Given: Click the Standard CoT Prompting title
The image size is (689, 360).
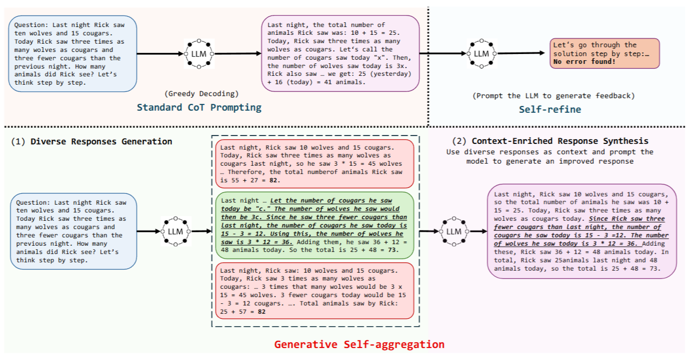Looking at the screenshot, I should (x=199, y=108).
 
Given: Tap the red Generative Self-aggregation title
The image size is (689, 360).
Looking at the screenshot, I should (x=359, y=344).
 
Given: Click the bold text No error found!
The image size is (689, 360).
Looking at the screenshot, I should (x=584, y=62).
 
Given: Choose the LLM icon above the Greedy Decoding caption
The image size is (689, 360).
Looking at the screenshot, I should (x=199, y=54).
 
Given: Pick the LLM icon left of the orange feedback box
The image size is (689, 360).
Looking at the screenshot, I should (x=481, y=54).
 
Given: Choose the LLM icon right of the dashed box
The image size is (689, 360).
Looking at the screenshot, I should (x=454, y=231).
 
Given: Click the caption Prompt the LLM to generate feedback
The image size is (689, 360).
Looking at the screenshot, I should (x=554, y=96).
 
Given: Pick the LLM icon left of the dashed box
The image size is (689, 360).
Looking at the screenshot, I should (x=175, y=231).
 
